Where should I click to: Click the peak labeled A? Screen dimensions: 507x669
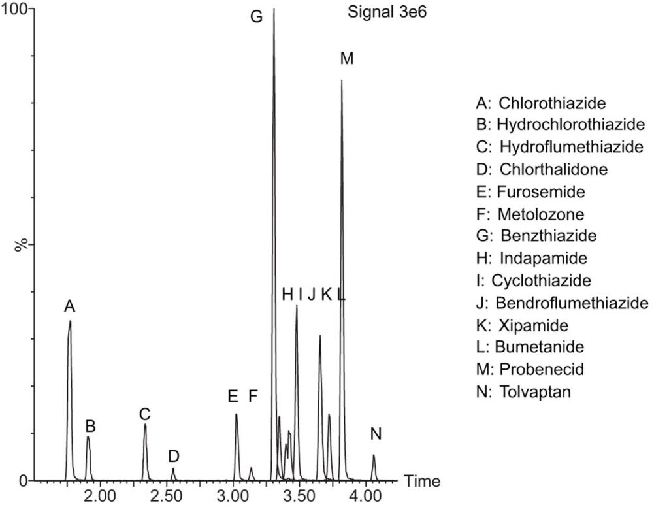click(x=70, y=321)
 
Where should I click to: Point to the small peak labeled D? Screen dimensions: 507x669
click(x=173, y=469)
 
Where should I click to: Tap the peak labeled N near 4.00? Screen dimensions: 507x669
click(x=374, y=456)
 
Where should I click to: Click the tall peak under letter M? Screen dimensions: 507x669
click(x=341, y=82)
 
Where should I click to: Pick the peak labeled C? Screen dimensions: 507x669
click(x=145, y=425)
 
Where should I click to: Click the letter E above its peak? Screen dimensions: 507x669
click(x=233, y=396)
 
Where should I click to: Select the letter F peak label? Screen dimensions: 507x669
click(x=253, y=396)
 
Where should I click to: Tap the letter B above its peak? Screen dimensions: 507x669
click(x=91, y=427)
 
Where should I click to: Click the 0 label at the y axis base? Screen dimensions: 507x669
click(x=24, y=481)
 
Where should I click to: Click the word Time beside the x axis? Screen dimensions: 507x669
click(x=422, y=482)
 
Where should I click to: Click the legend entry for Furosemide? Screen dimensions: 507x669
click(x=530, y=192)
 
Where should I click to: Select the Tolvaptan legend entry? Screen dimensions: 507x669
click(x=530, y=392)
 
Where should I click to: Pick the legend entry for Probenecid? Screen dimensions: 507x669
click(x=530, y=369)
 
